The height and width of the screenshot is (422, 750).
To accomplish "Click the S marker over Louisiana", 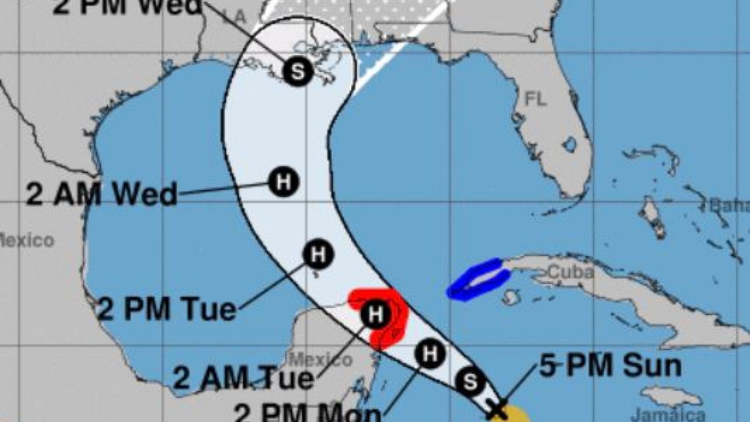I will coord(298,71).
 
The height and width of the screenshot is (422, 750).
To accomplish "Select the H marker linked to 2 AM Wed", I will coord(284,182).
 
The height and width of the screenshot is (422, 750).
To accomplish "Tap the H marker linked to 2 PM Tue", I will coord(318,255).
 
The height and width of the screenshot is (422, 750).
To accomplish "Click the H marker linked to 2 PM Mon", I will coord(430,354).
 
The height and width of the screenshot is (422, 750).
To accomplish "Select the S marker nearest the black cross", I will coord(470,381).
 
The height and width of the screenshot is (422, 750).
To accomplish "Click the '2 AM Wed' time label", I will coord(102,195).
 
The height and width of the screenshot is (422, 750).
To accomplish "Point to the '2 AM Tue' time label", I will coord(243,377).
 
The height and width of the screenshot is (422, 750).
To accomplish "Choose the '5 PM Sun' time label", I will coord(610,366).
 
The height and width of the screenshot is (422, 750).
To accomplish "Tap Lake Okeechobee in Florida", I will coord(570,145).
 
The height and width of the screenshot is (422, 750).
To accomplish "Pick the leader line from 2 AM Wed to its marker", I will coord(223,188).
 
